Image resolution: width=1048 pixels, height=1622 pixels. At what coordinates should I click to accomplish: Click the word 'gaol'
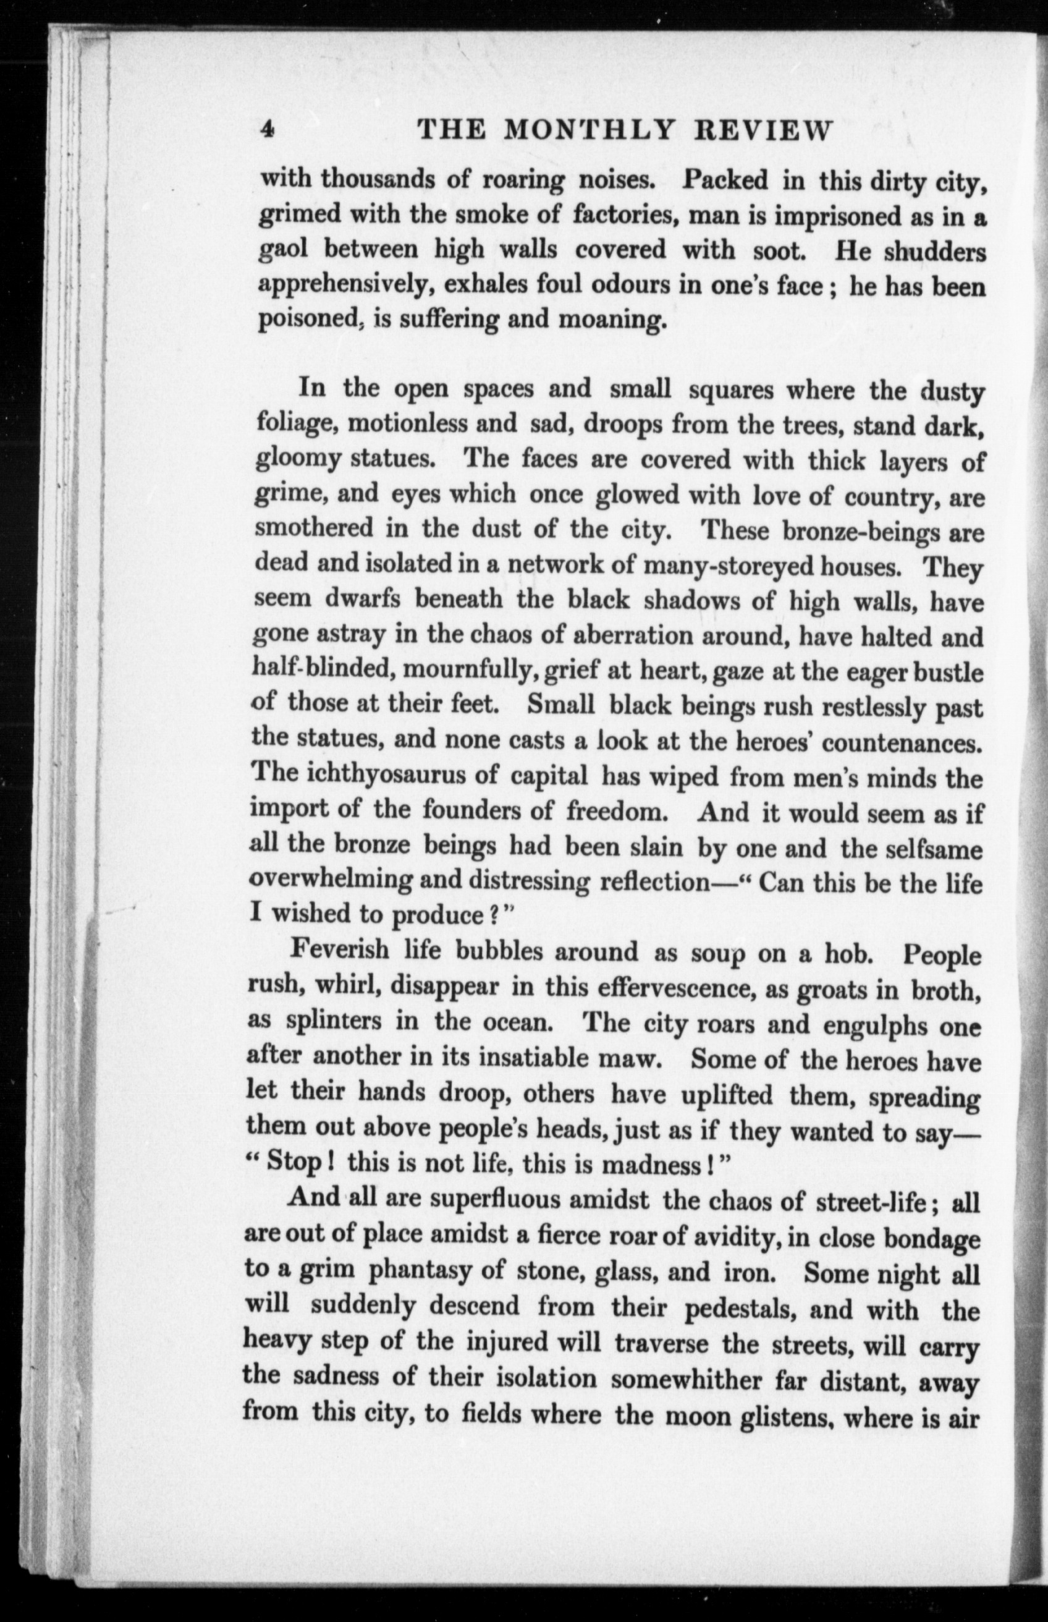(x=283, y=250)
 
